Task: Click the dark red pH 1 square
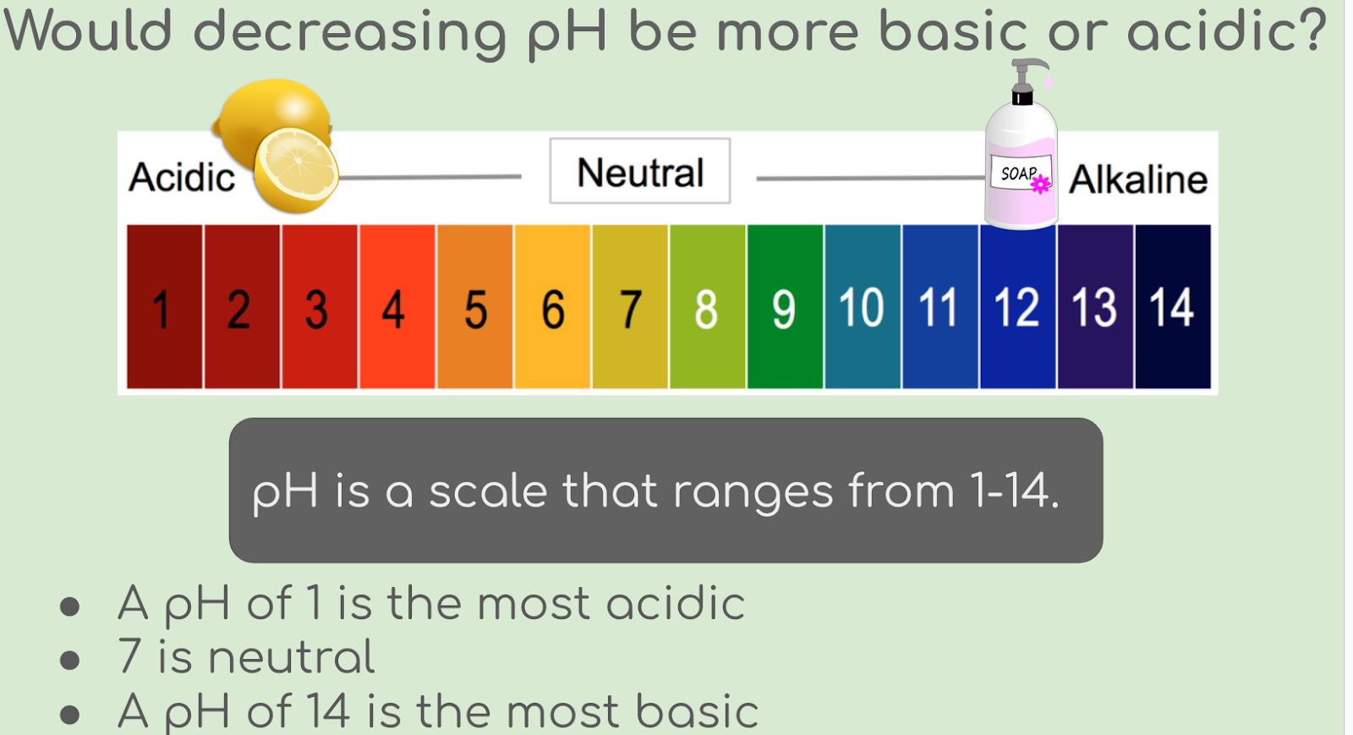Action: coord(164,306)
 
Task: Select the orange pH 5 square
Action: coord(474,306)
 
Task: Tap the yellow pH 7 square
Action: coord(630,306)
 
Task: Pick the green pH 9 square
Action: coord(786,306)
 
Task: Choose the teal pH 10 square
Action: coord(863,306)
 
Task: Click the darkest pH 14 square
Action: coord(1173,306)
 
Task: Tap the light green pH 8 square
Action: coord(707,306)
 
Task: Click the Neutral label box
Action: coord(639,171)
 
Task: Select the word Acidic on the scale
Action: coord(182,178)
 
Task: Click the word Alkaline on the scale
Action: coord(1138,179)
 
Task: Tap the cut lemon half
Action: coord(296,171)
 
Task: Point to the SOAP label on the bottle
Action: coord(1021,173)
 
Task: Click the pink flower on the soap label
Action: coord(1040,184)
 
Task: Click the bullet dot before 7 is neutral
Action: coord(70,660)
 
